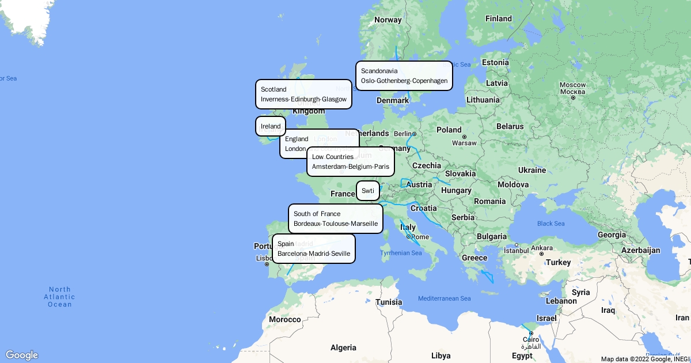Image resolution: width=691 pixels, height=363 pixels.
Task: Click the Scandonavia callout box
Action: tap(404, 75)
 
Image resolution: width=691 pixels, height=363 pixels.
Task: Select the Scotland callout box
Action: tap(303, 94)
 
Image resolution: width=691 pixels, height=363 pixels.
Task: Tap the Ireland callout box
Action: tap(270, 126)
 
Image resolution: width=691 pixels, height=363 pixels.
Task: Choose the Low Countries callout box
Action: tap(350, 161)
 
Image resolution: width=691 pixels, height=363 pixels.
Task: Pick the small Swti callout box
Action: tap(367, 191)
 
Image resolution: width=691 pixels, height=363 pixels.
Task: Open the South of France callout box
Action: tap(335, 218)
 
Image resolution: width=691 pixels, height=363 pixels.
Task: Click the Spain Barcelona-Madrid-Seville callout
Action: tap(313, 248)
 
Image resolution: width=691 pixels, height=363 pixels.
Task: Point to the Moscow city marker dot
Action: tap(573, 97)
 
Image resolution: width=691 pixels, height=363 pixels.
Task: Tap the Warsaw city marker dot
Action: tap(464, 137)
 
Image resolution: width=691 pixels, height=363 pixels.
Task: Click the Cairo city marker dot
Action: tap(531, 332)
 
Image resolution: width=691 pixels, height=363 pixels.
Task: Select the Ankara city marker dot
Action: tap(541, 254)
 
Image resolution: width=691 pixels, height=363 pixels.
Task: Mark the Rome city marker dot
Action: tap(408, 237)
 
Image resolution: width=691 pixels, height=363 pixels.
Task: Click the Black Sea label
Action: tap(550, 224)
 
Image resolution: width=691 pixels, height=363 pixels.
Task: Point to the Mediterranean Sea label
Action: tap(444, 298)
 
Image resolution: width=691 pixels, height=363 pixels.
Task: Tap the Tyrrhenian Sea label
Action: tap(401, 253)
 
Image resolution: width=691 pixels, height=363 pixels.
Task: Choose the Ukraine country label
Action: tap(531, 170)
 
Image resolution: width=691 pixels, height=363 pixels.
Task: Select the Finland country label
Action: tap(498, 18)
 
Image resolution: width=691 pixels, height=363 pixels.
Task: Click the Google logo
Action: tap(21, 355)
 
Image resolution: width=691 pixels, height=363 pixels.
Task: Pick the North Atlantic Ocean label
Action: tap(60, 297)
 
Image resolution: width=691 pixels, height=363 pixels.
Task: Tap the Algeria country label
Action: tap(343, 347)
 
